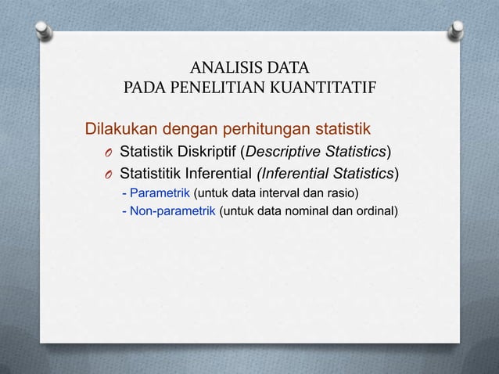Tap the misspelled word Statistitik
pyautogui.click(x=153, y=173)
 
